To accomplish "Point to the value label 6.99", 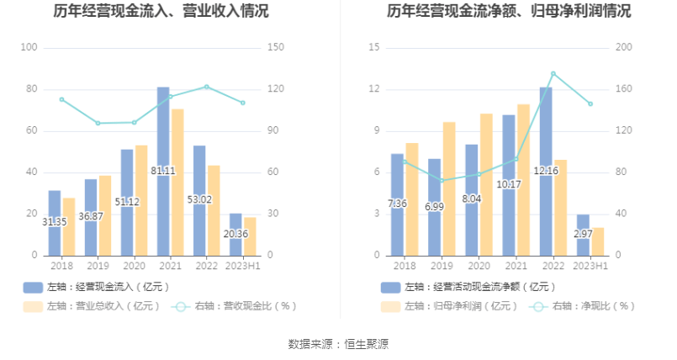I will point(435,206).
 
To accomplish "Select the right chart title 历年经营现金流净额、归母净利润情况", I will point(509,11).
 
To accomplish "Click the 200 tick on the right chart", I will point(623,48).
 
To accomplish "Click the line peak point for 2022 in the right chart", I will point(553,73).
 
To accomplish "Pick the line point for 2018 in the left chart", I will point(61,99).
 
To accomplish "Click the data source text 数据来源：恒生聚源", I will point(338,344).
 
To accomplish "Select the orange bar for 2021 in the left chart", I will point(177,182).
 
